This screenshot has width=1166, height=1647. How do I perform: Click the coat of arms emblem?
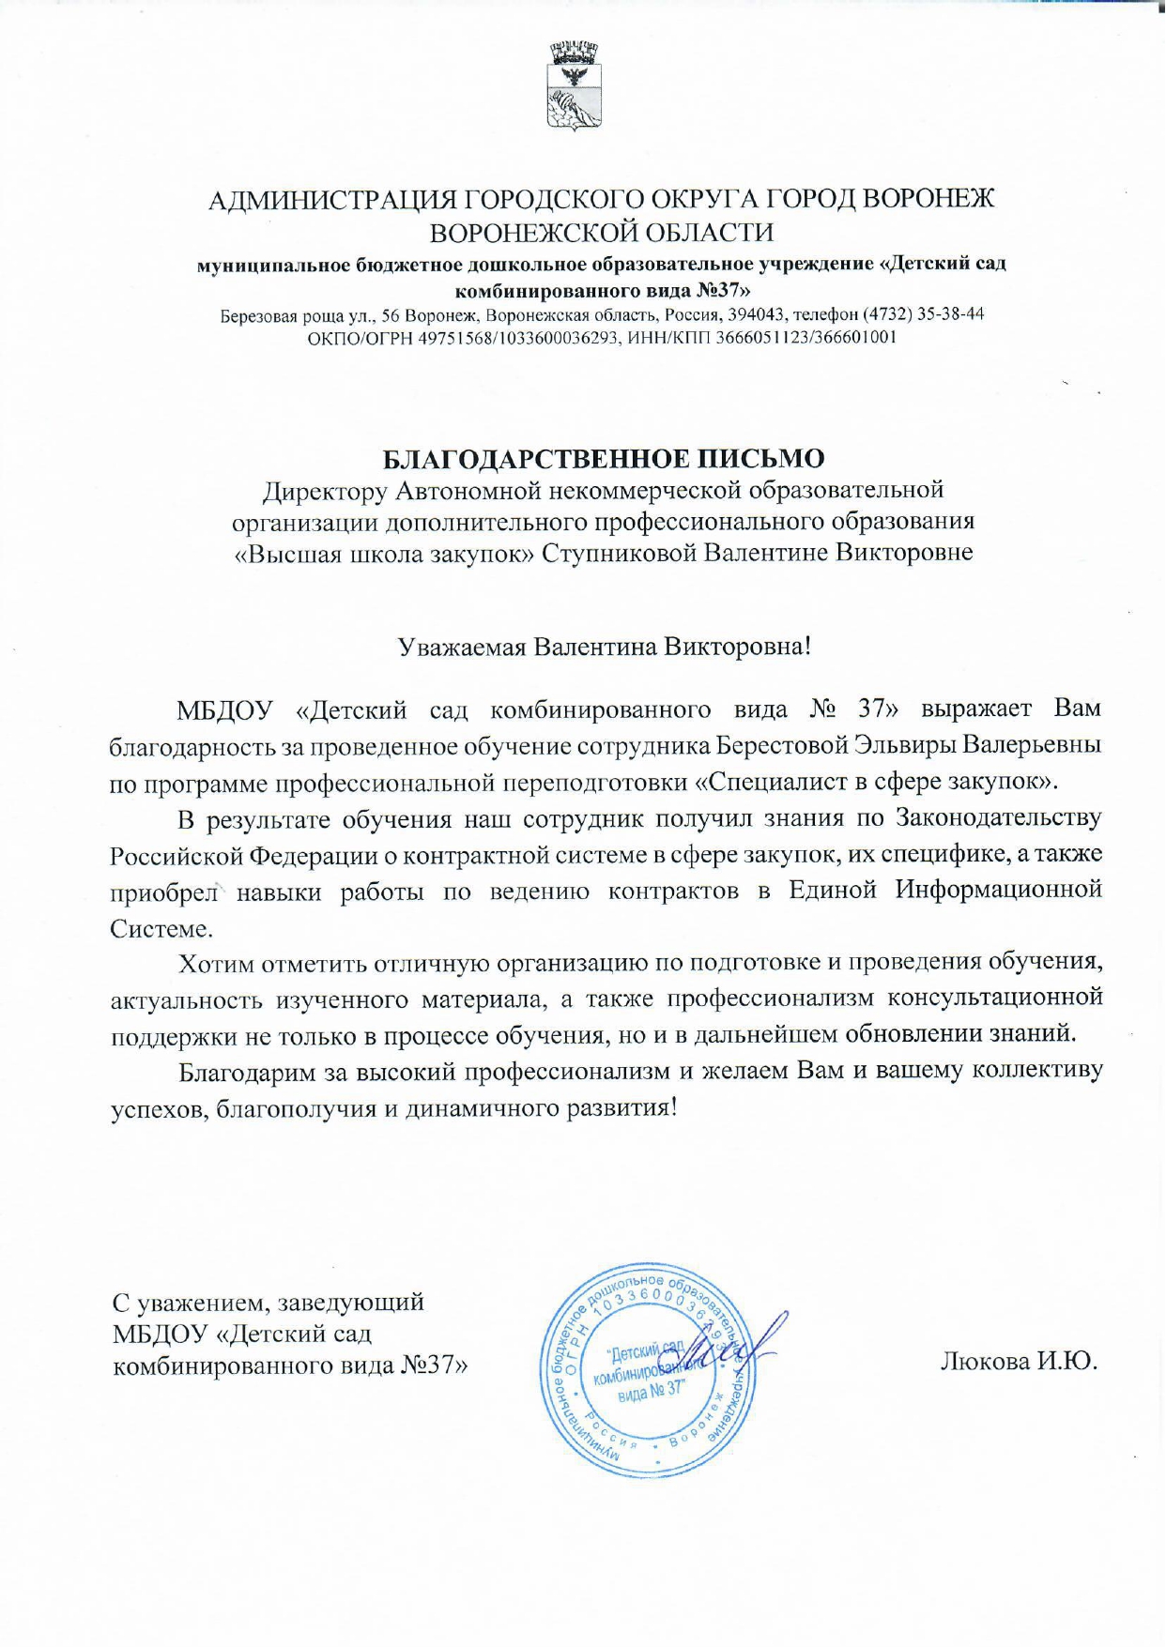click(x=574, y=85)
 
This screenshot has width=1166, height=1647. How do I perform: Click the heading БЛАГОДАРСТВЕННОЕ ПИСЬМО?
click(x=604, y=459)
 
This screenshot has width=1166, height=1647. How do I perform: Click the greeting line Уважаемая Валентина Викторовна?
click(x=604, y=647)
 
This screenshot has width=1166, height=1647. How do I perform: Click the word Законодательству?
click(x=999, y=817)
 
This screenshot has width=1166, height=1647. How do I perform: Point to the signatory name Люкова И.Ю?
click(x=1019, y=1362)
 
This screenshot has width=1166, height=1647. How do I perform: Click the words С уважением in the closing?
click(x=192, y=1303)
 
